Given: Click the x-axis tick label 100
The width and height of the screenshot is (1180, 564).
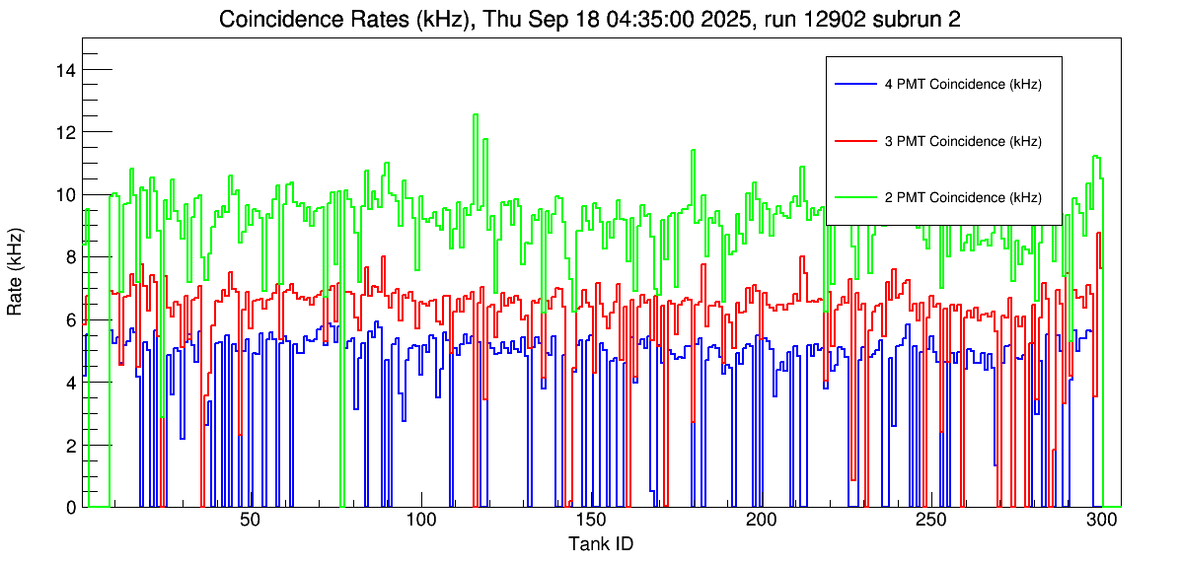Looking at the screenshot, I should coord(421,521).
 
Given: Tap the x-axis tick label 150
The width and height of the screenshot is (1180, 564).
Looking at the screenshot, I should coord(591,521).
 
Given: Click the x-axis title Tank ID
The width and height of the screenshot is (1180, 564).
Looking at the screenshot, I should coord(600,543).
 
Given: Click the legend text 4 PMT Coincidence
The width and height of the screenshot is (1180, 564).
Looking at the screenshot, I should coord(963,85).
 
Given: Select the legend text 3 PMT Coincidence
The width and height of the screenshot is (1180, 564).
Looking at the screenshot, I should coord(963,141).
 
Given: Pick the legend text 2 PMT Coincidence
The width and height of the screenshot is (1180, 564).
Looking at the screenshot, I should coord(963,197).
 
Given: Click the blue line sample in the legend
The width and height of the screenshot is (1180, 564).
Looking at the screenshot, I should coord(854,85).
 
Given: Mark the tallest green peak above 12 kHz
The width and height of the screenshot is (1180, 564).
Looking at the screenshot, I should coord(476,115).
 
